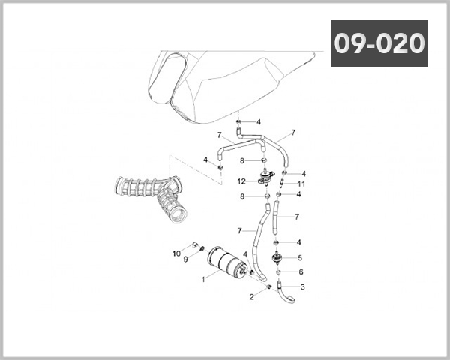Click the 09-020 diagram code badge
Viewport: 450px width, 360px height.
(x=379, y=43)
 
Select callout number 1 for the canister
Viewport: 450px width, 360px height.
(x=203, y=279)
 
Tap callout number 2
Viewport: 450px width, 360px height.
(x=252, y=297)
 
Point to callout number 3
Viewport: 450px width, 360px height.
(x=302, y=286)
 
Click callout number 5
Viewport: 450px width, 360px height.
(x=300, y=258)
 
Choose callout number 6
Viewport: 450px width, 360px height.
(x=301, y=271)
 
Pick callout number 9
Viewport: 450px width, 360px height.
(x=186, y=259)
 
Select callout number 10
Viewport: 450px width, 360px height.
(x=176, y=253)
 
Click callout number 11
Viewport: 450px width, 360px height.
(x=301, y=184)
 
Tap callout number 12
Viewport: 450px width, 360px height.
(x=241, y=181)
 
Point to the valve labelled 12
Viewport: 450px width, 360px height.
(x=265, y=177)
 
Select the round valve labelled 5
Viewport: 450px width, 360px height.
(x=277, y=257)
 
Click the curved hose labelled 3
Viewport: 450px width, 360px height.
(x=286, y=295)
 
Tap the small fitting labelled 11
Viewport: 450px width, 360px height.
(x=282, y=182)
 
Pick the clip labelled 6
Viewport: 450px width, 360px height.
(x=277, y=272)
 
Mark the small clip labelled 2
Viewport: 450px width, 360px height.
(x=269, y=286)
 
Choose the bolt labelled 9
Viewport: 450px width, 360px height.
(x=202, y=248)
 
